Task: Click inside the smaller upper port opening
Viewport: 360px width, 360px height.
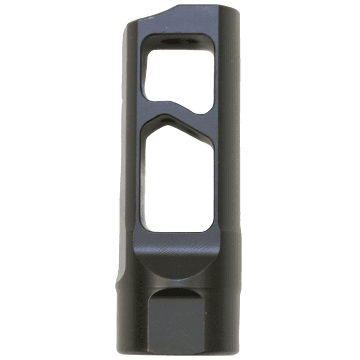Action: pos(177,73)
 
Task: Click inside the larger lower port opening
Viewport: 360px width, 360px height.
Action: pos(177,180)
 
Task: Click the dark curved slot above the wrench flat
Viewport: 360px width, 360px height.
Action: pos(175,293)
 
